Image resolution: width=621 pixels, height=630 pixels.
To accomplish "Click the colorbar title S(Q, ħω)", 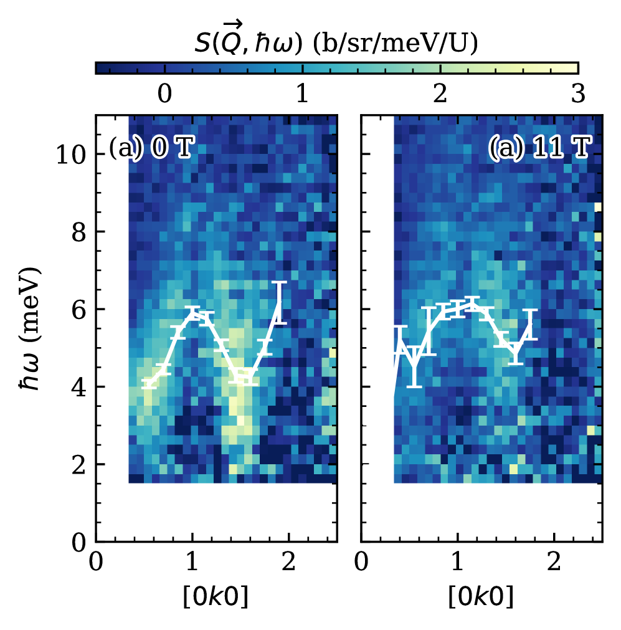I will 336,44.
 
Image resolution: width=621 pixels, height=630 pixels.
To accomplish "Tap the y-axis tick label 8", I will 78,232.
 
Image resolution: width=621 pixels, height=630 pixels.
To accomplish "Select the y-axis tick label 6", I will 78,309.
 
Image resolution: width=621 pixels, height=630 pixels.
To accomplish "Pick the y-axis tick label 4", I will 78,387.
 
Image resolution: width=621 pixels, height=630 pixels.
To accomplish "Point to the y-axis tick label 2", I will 78,465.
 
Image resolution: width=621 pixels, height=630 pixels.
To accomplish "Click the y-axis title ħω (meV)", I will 29,328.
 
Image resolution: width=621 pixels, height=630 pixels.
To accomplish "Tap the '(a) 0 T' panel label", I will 150,149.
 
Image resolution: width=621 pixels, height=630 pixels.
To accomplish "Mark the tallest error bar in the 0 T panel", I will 280,303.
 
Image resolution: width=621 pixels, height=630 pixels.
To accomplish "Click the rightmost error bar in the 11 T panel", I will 530,324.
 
